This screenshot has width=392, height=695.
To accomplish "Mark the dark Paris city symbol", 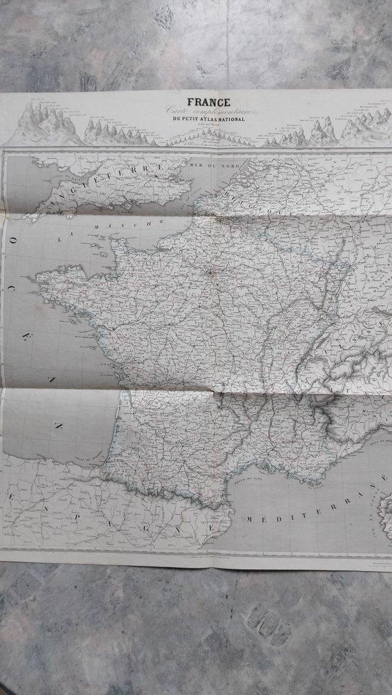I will pyautogui.click(x=210, y=272).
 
